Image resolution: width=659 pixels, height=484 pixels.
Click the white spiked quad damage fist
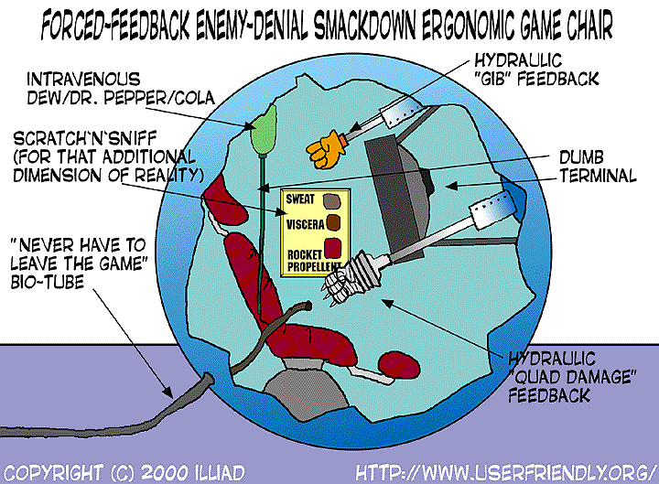coord(347,279)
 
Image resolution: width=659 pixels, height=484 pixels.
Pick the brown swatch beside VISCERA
coord(335,222)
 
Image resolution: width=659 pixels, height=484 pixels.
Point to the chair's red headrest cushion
coord(220,196)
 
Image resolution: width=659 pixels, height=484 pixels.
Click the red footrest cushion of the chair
coord(397,362)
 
